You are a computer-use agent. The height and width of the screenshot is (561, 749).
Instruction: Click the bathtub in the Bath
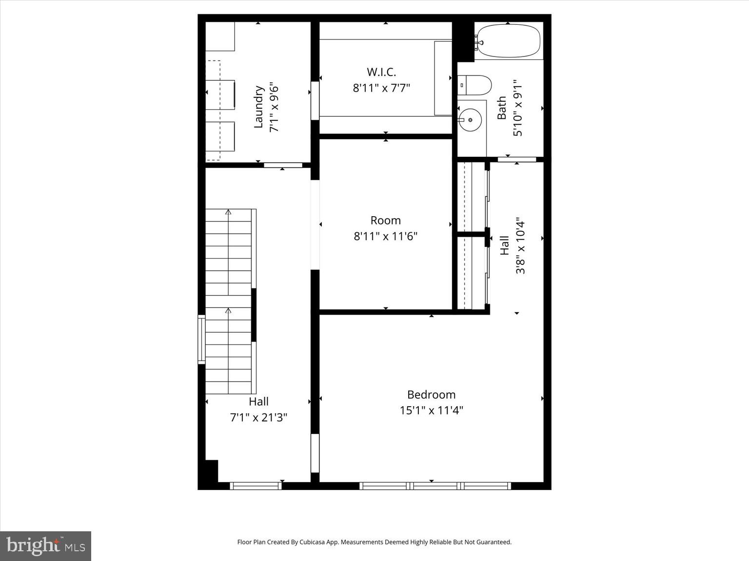[509, 41]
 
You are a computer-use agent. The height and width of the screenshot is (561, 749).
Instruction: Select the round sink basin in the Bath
[470, 119]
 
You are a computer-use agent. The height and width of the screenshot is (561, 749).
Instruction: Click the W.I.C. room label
[381, 72]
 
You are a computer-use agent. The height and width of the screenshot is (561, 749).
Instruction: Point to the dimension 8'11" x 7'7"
[381, 88]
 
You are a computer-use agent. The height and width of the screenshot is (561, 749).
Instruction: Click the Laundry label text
[258, 107]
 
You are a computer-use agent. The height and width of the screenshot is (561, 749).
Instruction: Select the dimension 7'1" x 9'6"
[274, 107]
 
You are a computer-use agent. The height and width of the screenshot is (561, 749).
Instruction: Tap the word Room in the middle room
[385, 221]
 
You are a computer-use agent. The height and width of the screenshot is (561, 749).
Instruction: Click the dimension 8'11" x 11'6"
[385, 237]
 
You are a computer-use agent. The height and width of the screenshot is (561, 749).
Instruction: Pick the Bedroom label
[431, 394]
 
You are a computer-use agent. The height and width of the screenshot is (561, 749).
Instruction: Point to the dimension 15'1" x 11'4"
[431, 411]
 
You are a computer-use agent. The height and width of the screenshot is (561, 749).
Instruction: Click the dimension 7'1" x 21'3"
[258, 417]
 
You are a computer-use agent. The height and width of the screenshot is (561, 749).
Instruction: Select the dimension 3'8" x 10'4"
[520, 245]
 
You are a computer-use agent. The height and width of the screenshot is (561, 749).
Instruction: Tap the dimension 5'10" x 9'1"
[517, 108]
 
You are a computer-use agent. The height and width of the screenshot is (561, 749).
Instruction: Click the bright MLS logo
[45, 546]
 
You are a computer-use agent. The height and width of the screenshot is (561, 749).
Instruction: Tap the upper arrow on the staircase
[228, 212]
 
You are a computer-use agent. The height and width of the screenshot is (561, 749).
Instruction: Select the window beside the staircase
[201, 339]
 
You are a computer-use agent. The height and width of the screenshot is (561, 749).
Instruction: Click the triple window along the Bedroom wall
[435, 486]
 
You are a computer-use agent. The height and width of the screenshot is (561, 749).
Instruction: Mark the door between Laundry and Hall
[283, 165]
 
